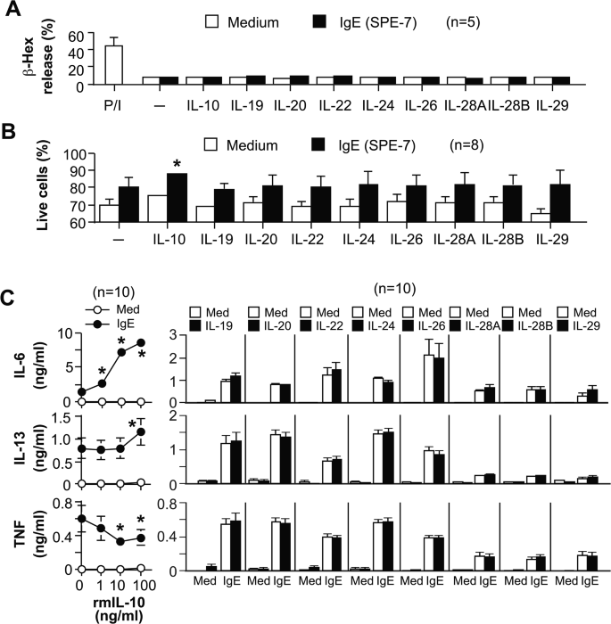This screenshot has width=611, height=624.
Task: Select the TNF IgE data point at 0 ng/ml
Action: pos(81,518)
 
